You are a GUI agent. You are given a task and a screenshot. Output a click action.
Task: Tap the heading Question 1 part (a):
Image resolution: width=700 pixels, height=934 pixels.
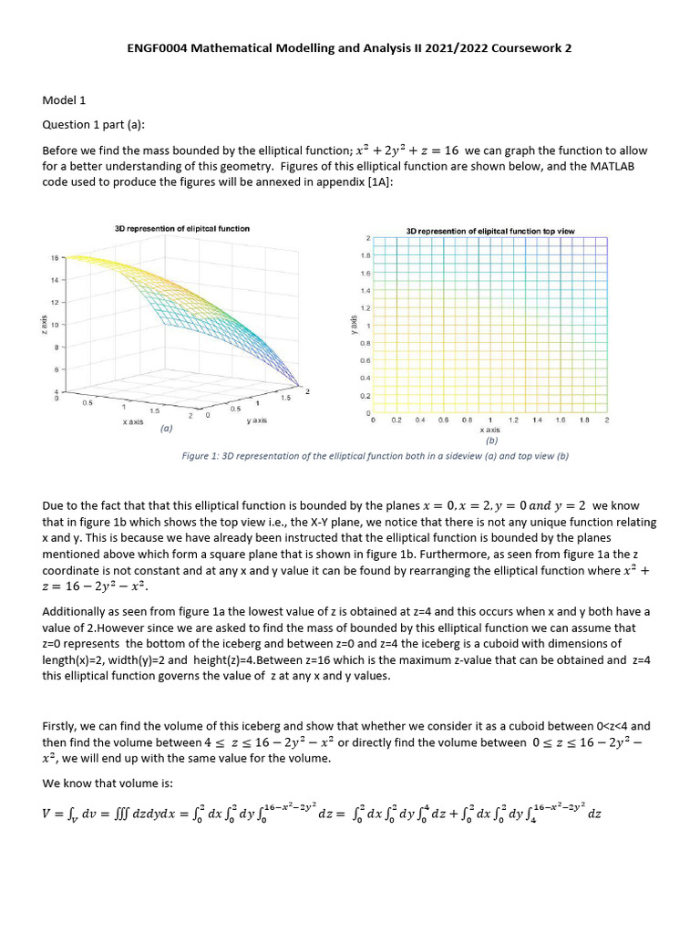[x=94, y=125]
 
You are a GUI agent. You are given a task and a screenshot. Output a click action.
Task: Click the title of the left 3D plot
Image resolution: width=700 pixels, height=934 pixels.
[x=181, y=228]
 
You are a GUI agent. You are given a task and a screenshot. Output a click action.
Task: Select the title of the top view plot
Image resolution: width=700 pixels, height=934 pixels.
[x=490, y=232]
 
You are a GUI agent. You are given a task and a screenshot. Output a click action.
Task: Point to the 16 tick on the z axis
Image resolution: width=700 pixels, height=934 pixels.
[x=54, y=258]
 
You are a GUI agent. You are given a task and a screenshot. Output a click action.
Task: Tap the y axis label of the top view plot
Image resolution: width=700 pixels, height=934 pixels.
[x=352, y=323]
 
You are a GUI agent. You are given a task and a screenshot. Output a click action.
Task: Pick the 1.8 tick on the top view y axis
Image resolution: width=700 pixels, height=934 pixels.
[x=365, y=256]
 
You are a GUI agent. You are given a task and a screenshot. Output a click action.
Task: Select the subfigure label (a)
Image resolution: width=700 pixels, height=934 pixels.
[x=166, y=427]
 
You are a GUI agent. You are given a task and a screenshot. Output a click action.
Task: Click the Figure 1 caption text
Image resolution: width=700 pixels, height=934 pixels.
[x=376, y=456]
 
